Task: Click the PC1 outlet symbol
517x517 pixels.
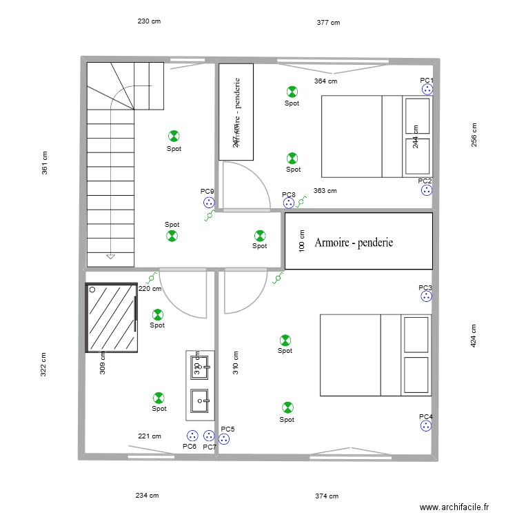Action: point(427,89)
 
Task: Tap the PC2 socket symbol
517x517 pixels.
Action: point(427,190)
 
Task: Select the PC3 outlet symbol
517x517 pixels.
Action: point(427,296)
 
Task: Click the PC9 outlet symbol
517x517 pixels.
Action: point(208,203)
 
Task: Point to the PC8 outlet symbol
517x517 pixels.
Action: point(289,203)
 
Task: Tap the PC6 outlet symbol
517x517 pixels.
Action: point(192,436)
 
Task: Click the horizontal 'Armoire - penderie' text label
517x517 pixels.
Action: point(354,243)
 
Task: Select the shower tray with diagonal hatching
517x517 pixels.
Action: point(111,317)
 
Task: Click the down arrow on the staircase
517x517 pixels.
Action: point(110,257)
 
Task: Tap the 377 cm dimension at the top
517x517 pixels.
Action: point(328,23)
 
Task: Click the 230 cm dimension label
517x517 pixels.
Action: point(149,21)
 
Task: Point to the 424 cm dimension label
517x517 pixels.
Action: point(474,336)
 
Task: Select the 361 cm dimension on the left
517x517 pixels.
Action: point(45,163)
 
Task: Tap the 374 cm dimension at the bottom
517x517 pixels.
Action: point(327,496)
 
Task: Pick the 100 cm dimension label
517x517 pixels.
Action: point(301,242)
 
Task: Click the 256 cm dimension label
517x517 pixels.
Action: point(474,134)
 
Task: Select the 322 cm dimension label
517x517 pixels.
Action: point(43,365)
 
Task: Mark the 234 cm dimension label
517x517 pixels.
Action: point(147,495)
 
